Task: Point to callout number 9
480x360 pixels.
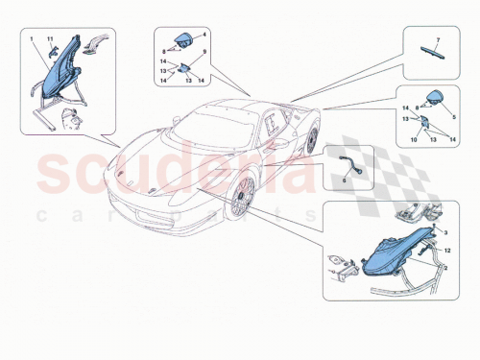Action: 204,64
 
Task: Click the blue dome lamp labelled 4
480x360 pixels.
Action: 182,40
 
